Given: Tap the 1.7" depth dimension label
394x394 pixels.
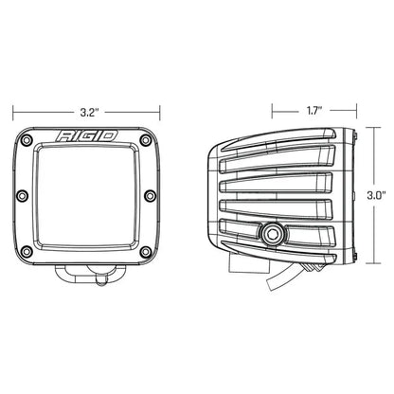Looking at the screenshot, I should pos(312,110).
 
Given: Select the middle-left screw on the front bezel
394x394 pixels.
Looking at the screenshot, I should pos(24,195).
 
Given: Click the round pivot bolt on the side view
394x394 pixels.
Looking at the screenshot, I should pos(276,231).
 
